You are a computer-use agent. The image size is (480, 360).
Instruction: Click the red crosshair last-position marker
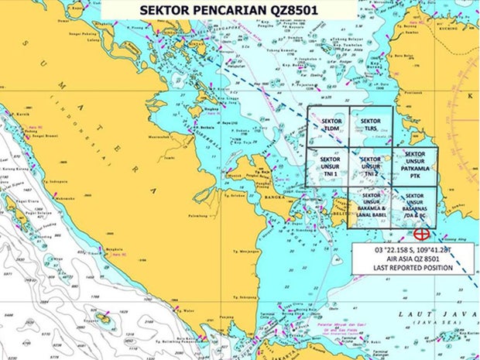point(422,233)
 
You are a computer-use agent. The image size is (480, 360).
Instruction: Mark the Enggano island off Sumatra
point(109,318)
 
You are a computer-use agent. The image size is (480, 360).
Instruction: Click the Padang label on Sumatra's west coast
point(34,130)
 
